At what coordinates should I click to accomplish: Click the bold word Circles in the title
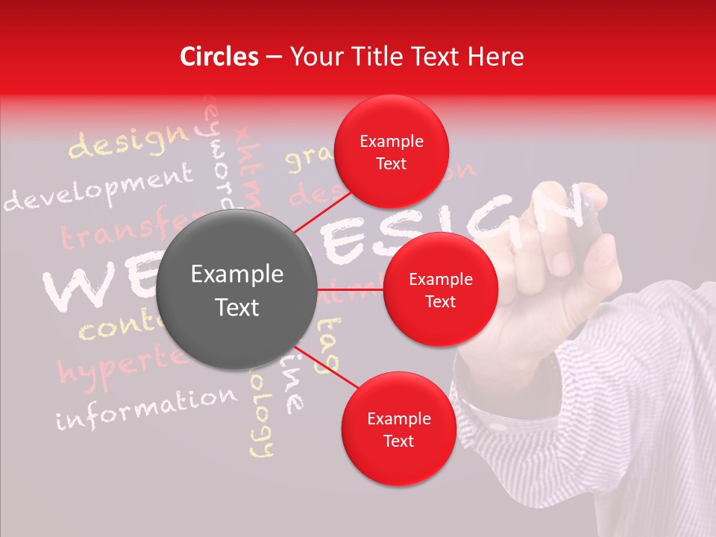pyautogui.click(x=219, y=57)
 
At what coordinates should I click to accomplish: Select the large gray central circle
pyautogui.click(x=237, y=290)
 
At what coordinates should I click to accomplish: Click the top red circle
pyautogui.click(x=391, y=152)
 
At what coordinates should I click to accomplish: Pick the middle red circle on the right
pyautogui.click(x=440, y=290)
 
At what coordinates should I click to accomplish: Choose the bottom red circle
pyautogui.click(x=398, y=429)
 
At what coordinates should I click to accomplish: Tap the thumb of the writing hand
pyautogui.click(x=601, y=257)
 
